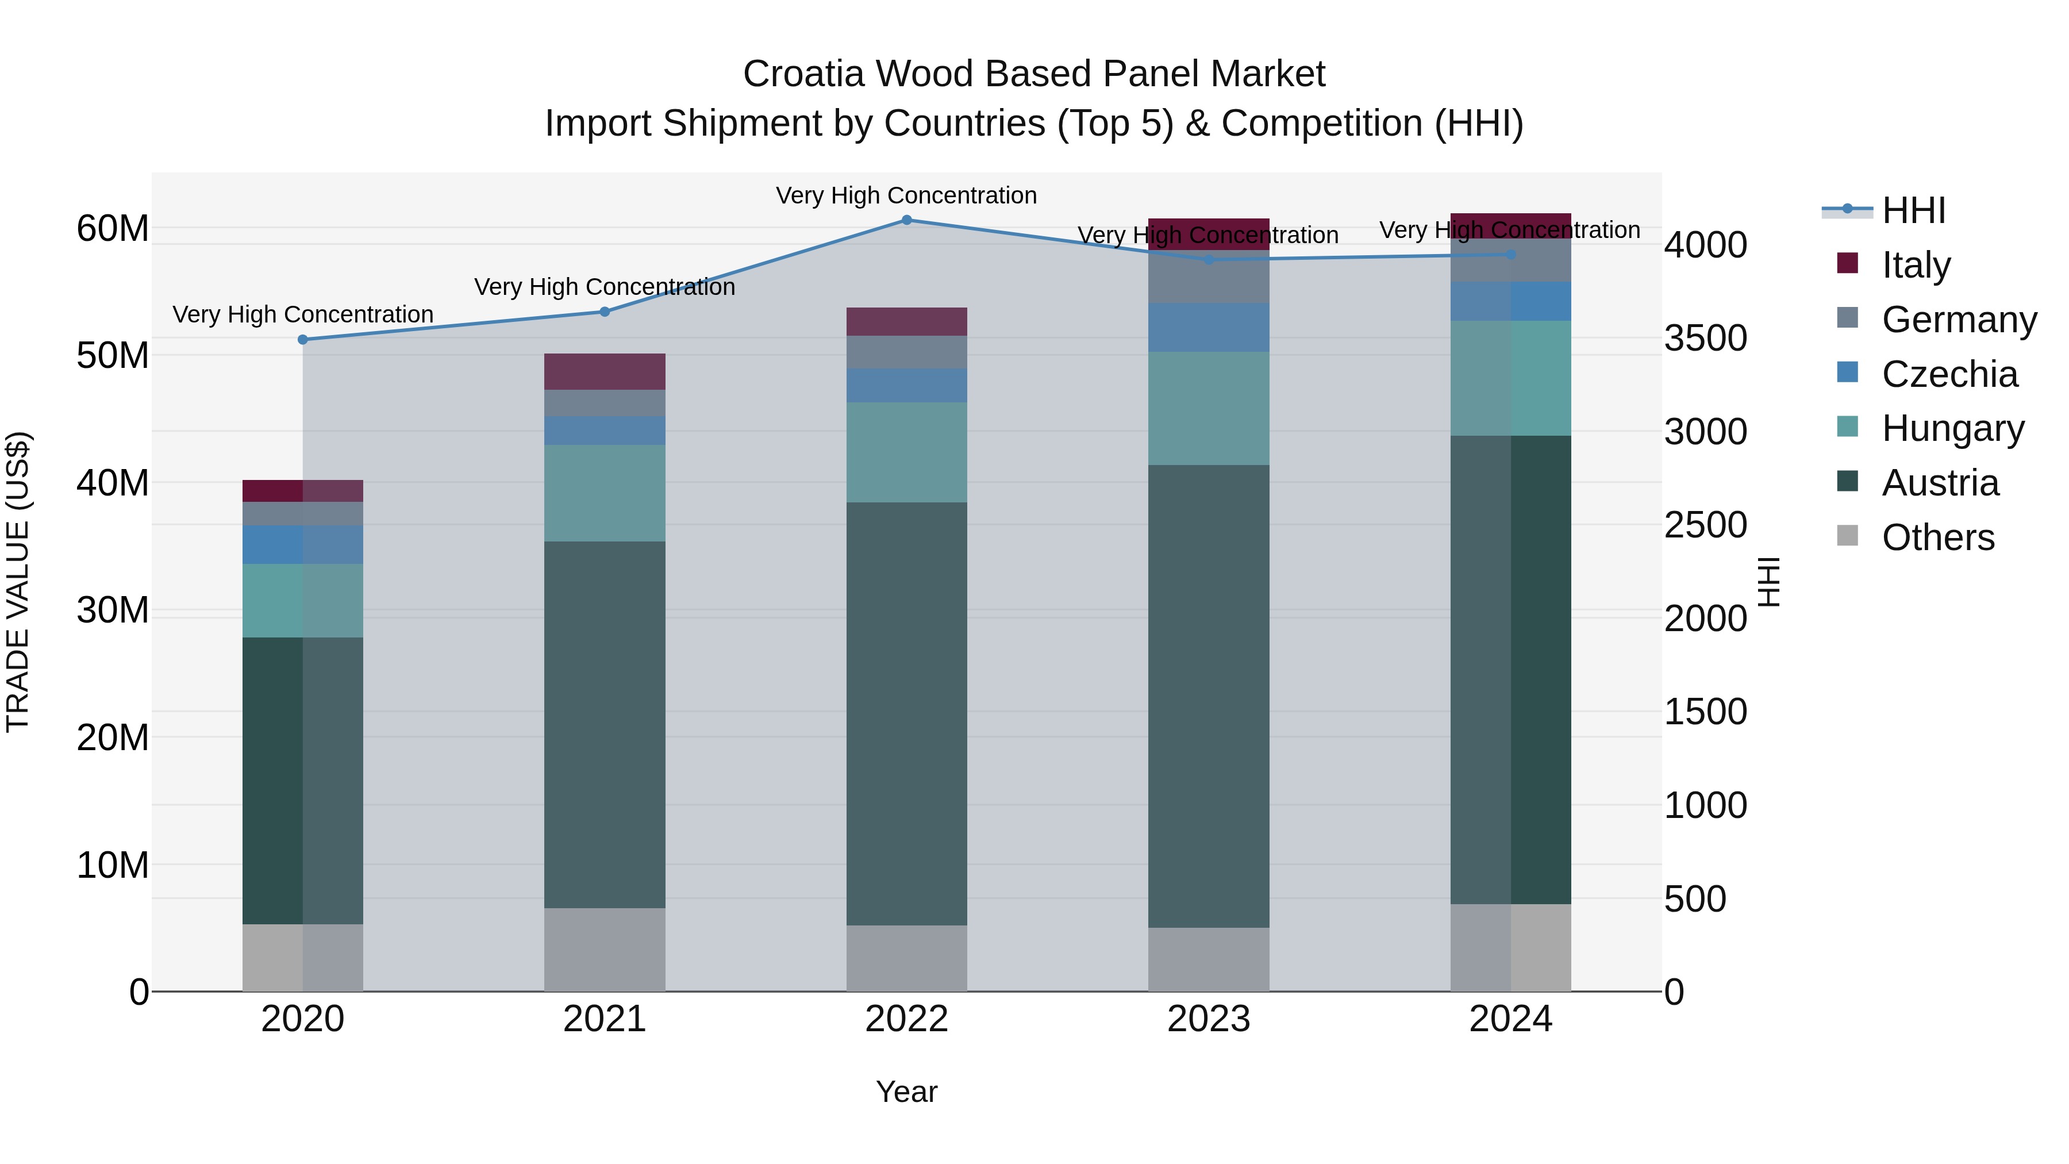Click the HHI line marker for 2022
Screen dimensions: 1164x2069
[x=907, y=220]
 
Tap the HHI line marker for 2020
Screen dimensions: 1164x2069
[x=303, y=340]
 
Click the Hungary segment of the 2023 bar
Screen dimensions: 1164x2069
[x=1209, y=408]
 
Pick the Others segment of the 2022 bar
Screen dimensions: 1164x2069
[x=907, y=958]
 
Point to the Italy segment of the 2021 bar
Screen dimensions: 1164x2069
[x=605, y=371]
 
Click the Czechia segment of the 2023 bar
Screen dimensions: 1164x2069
[x=1209, y=327]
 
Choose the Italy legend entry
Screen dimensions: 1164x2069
[x=1916, y=265]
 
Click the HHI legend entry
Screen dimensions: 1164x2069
[x=1913, y=210]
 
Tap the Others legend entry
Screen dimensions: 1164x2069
[x=1937, y=537]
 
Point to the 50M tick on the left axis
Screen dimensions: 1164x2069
[x=113, y=355]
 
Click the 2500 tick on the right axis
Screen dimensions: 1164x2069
[x=1705, y=525]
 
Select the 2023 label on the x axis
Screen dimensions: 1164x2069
[x=1209, y=1019]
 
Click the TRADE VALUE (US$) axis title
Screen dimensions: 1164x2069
[x=18, y=582]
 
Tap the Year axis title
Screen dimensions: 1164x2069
[x=907, y=1092]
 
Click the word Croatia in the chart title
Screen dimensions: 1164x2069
[x=803, y=74]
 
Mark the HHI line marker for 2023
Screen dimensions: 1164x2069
[x=1209, y=259]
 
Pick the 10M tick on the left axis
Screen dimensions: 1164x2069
[x=113, y=865]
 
